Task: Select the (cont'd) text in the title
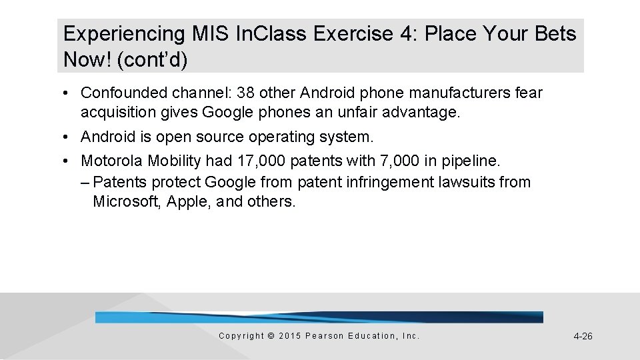tap(152, 60)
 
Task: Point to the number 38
tap(247, 93)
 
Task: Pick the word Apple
tap(183, 201)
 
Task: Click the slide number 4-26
tap(583, 337)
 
